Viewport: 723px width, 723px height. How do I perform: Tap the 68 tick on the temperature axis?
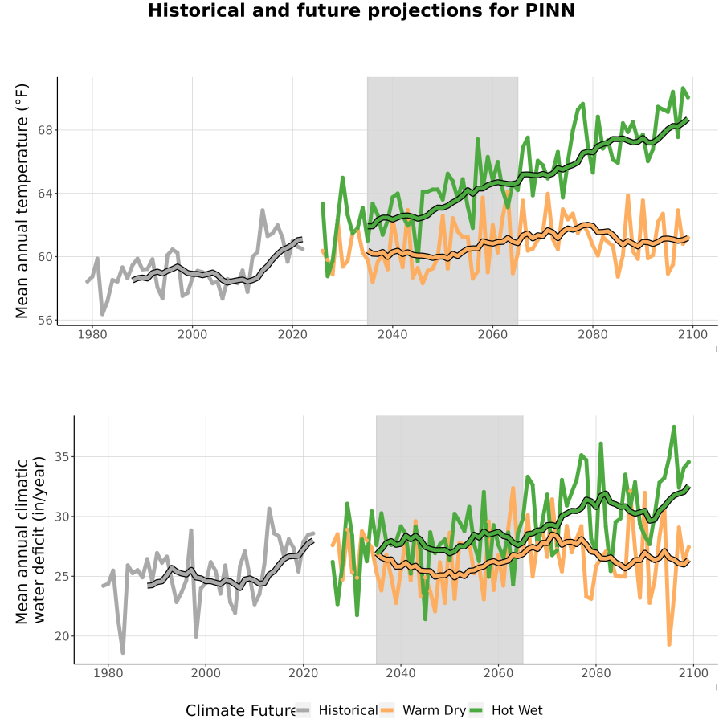(x=45, y=130)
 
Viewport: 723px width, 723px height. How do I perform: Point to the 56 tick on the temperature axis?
(x=45, y=321)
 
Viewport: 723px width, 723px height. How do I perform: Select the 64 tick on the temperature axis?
(x=45, y=194)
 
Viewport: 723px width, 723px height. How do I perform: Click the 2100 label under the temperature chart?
(x=692, y=335)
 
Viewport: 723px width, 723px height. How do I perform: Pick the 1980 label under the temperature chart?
(x=92, y=335)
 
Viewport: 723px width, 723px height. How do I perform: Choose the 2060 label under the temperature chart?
(x=492, y=335)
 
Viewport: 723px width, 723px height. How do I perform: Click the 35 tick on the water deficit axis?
(x=62, y=457)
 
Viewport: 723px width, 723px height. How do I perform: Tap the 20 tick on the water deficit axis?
(x=62, y=637)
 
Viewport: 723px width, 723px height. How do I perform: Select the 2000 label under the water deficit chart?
(x=206, y=674)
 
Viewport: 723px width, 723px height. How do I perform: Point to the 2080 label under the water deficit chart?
(x=596, y=674)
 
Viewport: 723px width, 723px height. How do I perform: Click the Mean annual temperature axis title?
(x=22, y=201)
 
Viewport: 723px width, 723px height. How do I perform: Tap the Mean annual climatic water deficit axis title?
(x=31, y=541)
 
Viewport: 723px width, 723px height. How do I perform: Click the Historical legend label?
(x=348, y=711)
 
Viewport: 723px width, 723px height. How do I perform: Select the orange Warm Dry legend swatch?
(x=387, y=711)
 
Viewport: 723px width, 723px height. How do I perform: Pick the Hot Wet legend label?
(x=517, y=711)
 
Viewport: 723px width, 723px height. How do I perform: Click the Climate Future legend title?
(x=241, y=711)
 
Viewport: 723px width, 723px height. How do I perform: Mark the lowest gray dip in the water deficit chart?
(x=123, y=652)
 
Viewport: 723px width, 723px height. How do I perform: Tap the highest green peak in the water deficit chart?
(x=674, y=427)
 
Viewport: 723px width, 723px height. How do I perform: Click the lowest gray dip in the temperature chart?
(x=102, y=314)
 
